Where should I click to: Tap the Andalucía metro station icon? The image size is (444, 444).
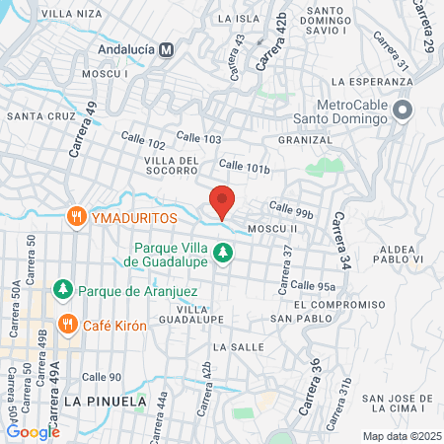[167, 48]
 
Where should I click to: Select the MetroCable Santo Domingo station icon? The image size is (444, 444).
[402, 111]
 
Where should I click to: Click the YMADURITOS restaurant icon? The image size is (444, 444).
[75, 216]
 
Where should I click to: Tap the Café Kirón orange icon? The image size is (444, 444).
[68, 325]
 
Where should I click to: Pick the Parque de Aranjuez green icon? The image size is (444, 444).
[62, 289]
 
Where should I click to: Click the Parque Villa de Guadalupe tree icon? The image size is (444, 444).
[224, 254]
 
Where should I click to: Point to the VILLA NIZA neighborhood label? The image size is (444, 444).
[72, 13]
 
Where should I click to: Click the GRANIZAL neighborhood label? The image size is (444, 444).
[305, 140]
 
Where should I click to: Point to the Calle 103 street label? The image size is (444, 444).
[198, 136]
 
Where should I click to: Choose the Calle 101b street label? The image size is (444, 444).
[245, 166]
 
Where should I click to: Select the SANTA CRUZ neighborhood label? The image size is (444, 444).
[40, 116]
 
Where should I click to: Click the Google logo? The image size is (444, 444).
[33, 431]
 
